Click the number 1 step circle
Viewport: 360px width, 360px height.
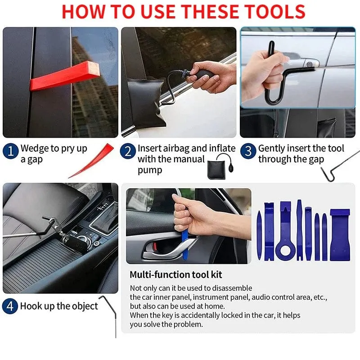[10, 151]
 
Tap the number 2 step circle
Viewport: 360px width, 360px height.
[128, 151]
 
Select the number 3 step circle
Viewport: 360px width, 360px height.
[248, 151]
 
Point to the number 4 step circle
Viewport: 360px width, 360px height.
[10, 306]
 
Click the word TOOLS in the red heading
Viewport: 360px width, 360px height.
[274, 12]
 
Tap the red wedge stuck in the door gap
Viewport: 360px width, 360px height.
[65, 76]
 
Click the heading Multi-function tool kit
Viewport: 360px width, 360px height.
[176, 274]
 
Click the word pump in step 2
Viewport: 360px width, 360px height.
[150, 171]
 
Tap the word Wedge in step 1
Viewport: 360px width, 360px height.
[35, 148]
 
